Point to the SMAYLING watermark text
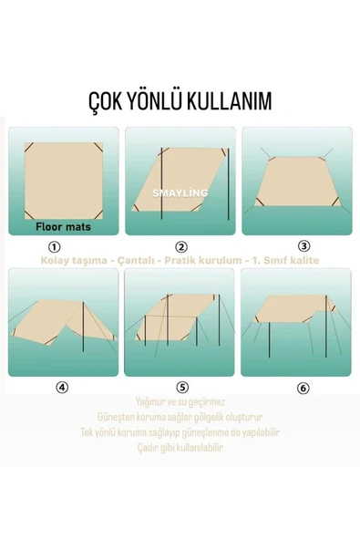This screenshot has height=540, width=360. coord(180,192)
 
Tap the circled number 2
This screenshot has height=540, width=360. coord(180,246)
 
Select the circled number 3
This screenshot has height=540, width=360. coord(303,245)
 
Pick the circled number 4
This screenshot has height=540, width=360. coord(61,386)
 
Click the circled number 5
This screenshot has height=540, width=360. coord(182,387)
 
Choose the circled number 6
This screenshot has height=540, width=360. coord(303,388)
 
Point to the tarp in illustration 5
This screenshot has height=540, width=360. coord(182,310)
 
